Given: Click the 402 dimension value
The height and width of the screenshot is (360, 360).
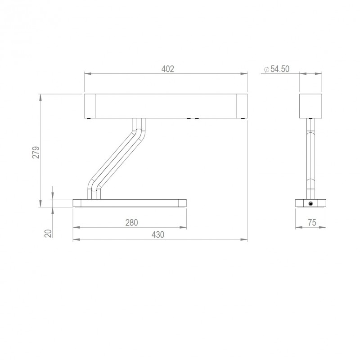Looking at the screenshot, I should click(x=167, y=69).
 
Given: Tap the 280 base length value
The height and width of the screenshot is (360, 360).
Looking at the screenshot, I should click(x=131, y=222).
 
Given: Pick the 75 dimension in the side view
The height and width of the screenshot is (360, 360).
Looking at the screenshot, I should click(x=311, y=222).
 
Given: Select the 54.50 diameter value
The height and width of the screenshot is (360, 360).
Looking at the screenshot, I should click(x=280, y=69).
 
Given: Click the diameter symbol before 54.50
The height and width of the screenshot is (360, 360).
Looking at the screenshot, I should click(x=265, y=69).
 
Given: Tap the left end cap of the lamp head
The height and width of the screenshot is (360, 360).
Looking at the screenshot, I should click(x=90, y=106).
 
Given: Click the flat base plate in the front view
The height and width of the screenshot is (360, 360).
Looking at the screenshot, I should click(x=130, y=203).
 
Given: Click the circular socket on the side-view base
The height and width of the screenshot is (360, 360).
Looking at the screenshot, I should click(x=311, y=204).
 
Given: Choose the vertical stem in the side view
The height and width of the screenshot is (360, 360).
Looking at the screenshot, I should click(x=311, y=157).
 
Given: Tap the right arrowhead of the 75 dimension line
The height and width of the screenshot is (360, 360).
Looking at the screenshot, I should click(x=324, y=228).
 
